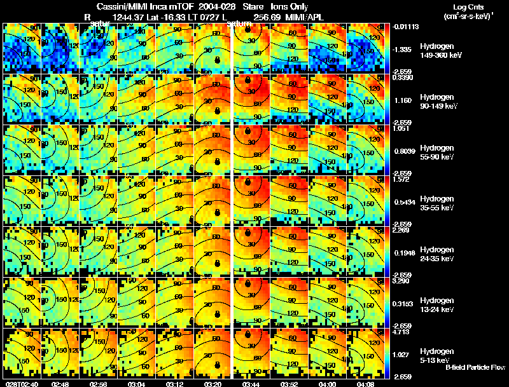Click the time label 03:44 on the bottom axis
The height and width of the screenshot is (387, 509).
(x=253, y=384)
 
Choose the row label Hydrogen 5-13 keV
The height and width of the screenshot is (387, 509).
(x=436, y=356)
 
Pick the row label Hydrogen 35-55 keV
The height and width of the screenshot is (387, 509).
(x=436, y=203)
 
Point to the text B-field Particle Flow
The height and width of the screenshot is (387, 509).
(x=475, y=367)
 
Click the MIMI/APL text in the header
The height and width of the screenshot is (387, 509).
(x=306, y=17)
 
